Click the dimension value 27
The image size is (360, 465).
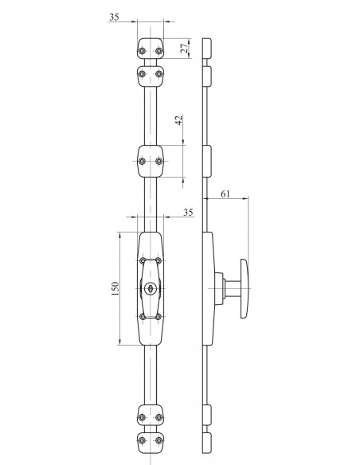coord(185,48)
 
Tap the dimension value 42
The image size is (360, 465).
coord(179,120)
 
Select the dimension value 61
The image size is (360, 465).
coord(225,194)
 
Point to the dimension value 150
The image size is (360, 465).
coord(115,288)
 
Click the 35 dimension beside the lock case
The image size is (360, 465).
coord(188,213)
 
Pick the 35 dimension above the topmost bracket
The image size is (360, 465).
coord(114,17)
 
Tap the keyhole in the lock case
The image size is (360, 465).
coord(151,288)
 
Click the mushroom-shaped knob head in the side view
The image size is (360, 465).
coord(244,288)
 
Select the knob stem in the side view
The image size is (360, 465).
coord(233,288)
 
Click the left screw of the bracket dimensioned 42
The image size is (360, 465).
coord(142,162)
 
